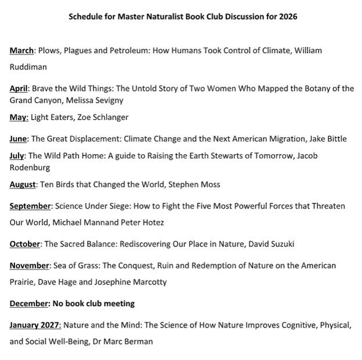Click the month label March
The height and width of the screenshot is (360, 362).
click(22, 51)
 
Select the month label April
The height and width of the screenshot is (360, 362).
click(20, 89)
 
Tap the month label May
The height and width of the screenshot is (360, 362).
click(19, 118)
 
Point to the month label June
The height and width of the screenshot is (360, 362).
click(19, 139)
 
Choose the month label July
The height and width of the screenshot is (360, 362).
click(18, 156)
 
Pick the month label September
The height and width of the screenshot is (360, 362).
click(31, 206)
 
